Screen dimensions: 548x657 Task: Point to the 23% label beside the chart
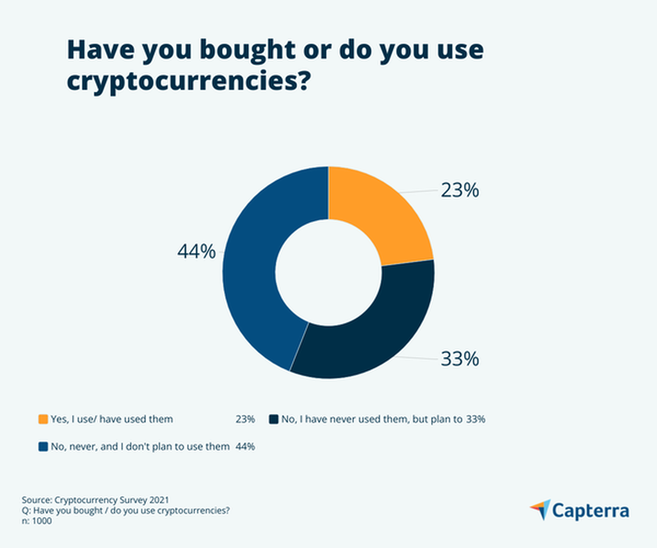[459, 190]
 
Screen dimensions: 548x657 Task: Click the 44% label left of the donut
[196, 251]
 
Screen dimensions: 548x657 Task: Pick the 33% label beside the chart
[459, 359]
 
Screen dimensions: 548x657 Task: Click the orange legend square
[43, 419]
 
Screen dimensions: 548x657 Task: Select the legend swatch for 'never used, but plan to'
[274, 419]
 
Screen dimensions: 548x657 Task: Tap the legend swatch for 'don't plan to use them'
[43, 446]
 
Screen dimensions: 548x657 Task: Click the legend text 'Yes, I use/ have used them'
[112, 419]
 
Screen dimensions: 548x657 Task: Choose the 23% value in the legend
[245, 419]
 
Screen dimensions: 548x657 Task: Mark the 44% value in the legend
[245, 446]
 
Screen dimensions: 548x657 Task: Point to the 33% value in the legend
[475, 419]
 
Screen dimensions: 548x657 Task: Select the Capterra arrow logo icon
[541, 509]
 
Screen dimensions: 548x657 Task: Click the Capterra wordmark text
[590, 510]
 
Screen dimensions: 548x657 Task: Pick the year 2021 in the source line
[159, 500]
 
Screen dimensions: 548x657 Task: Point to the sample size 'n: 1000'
[37, 521]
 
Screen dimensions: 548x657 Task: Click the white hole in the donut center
[328, 272]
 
